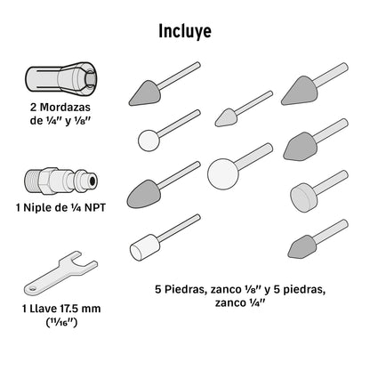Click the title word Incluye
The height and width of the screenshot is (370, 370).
[185, 31]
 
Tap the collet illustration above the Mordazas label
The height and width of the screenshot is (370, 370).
[60, 78]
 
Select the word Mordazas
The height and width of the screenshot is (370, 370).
[65, 107]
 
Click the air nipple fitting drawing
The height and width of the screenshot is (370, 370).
[60, 181]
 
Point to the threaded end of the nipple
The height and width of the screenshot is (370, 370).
[32, 181]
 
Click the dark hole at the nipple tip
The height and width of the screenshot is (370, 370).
[92, 181]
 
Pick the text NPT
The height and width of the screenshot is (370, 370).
[95, 207]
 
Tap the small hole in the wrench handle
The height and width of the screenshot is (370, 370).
[32, 288]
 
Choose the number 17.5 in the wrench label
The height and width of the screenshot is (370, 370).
[69, 309]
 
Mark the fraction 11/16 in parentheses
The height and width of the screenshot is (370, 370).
[61, 322]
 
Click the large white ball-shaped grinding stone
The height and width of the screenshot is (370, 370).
[223, 174]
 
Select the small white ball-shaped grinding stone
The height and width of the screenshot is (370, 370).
[149, 141]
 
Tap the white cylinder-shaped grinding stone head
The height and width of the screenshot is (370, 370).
[145, 248]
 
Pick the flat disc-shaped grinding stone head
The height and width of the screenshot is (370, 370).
[303, 197]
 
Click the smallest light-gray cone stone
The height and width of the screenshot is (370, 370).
[227, 117]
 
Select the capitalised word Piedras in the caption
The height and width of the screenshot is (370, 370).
[185, 289]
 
